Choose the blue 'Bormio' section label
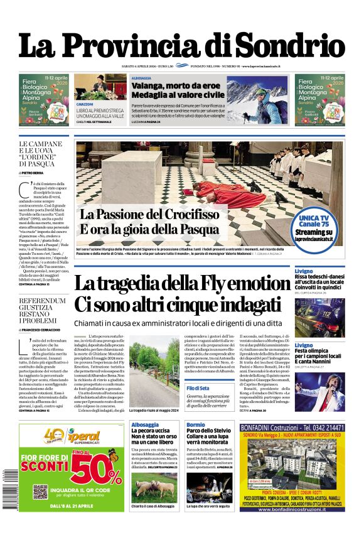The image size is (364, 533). coord(195,425)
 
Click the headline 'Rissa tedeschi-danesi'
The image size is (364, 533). coord(320,277)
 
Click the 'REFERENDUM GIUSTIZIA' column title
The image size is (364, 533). coord(42,305)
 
